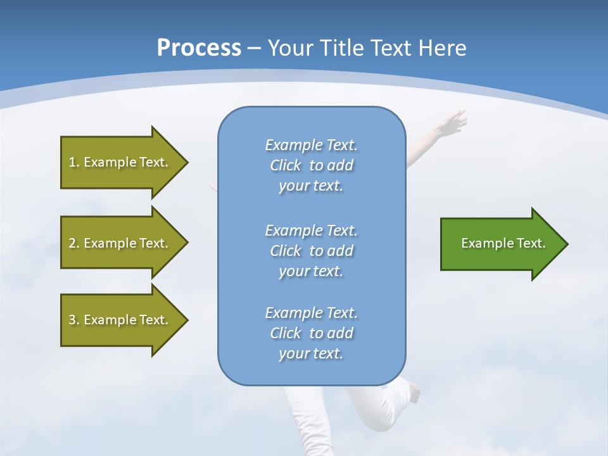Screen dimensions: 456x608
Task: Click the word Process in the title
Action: [x=199, y=47]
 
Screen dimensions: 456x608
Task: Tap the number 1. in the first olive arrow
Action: [x=74, y=162]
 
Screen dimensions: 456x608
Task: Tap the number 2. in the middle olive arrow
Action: [x=74, y=243]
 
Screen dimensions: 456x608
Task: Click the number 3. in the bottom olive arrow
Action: [x=74, y=320]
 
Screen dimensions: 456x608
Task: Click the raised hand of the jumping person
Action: [x=454, y=122]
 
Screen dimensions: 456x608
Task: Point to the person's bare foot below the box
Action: [x=415, y=393]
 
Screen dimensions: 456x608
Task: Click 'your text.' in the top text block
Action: [x=311, y=186]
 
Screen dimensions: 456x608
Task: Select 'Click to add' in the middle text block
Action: [x=311, y=251]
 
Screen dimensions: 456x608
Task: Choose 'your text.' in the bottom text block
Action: [x=311, y=354]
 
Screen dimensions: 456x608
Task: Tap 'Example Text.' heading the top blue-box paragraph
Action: [x=311, y=145]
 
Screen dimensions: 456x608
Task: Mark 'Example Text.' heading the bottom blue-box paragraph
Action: [x=311, y=313]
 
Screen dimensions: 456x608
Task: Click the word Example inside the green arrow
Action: [x=481, y=243]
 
